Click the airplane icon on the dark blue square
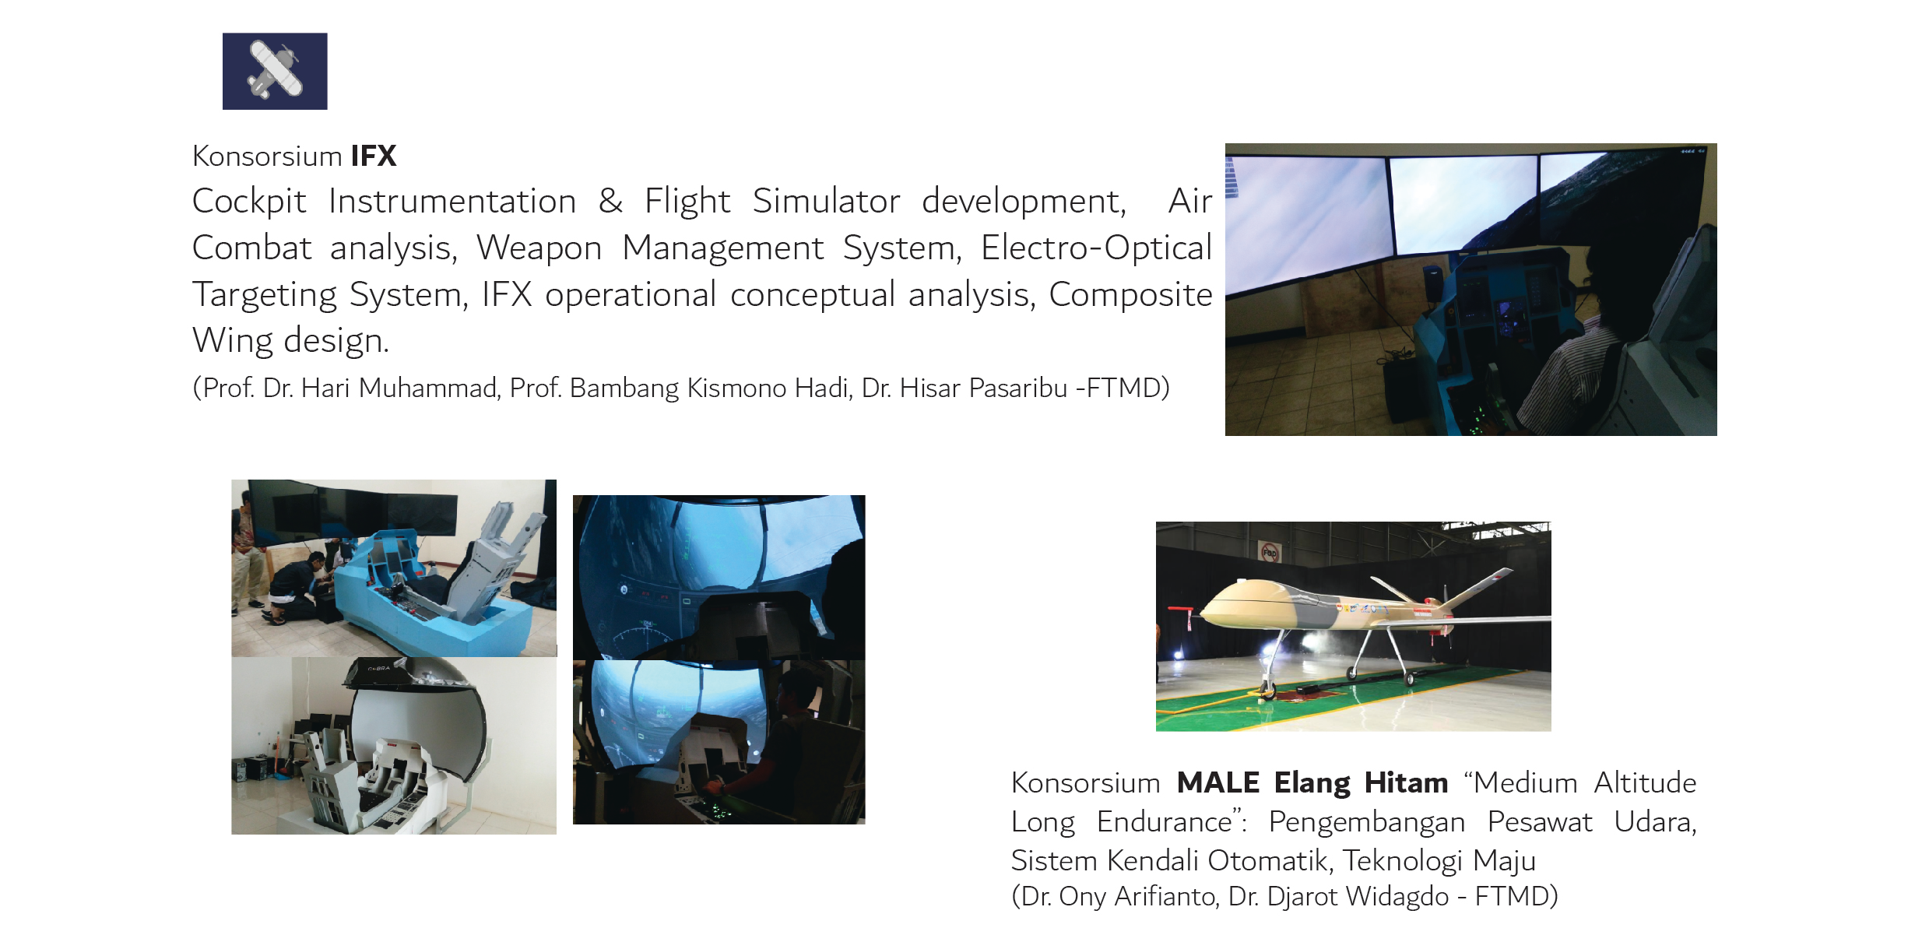274,70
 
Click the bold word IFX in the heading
374,156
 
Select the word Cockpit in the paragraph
249,202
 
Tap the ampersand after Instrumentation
610,201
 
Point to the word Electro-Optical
1096,248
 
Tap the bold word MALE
1218,782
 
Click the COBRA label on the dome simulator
379,668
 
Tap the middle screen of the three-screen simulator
1463,204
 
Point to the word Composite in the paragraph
1130,295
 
